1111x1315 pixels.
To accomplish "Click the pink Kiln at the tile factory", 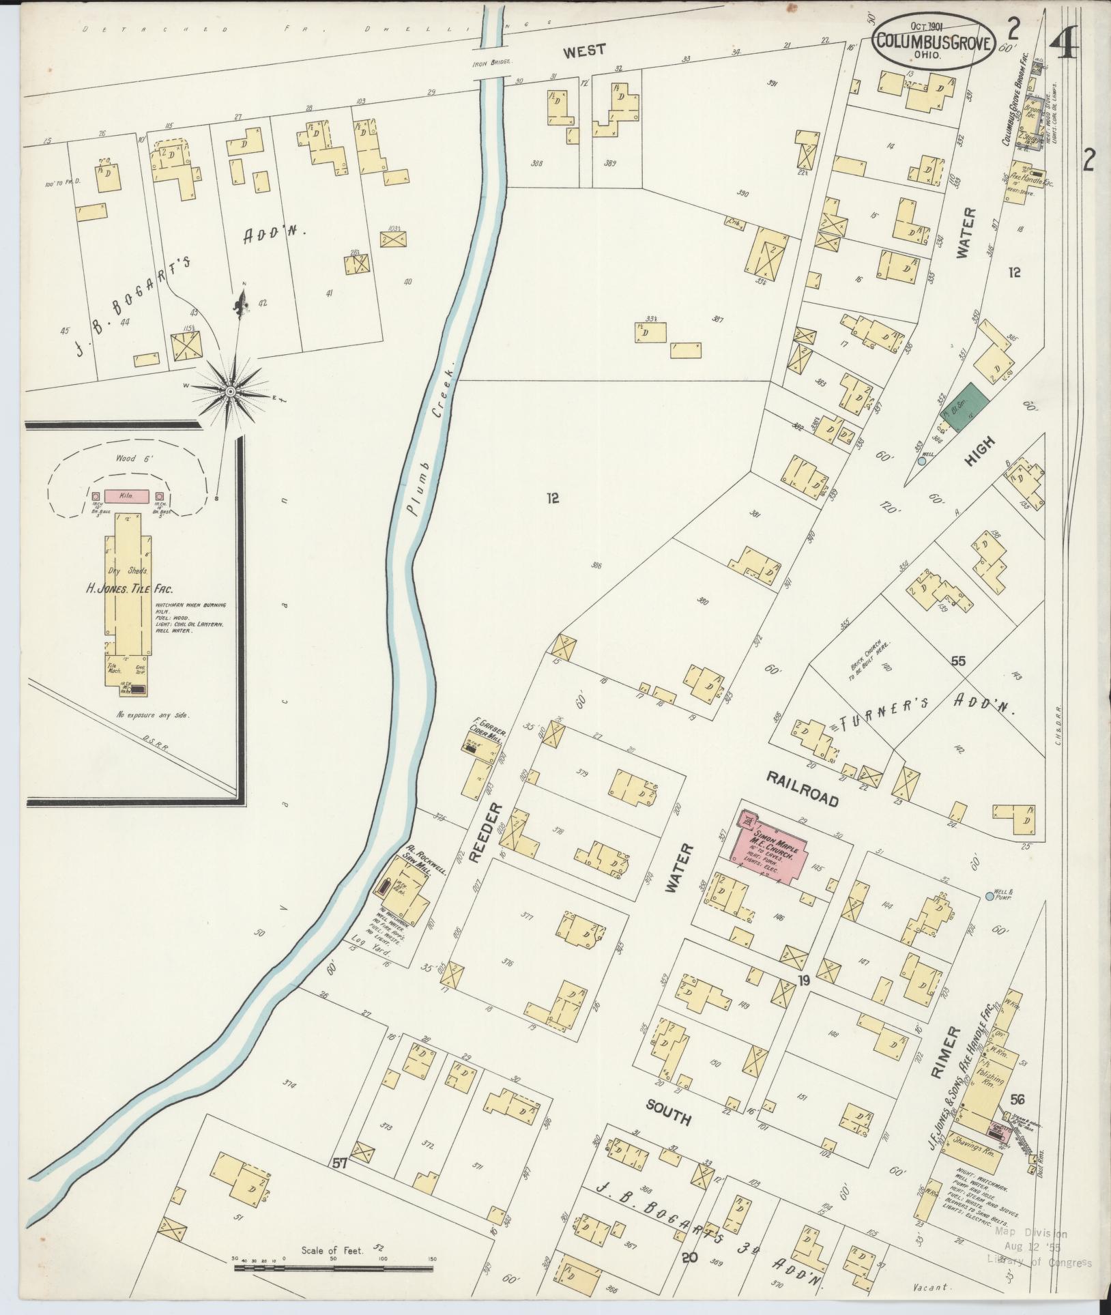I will [x=128, y=497].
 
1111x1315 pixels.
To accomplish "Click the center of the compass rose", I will [x=231, y=390].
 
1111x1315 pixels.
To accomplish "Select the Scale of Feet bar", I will [x=333, y=1268].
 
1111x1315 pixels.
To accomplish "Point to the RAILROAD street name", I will [x=802, y=789].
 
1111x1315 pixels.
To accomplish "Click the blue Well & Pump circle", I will [x=990, y=895].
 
